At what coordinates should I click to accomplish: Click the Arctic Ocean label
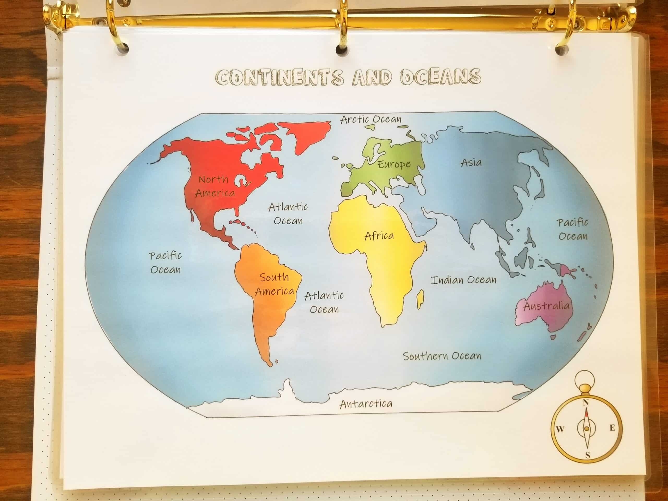371,120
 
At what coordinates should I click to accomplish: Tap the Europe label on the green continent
394,164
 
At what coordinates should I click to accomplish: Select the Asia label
471,163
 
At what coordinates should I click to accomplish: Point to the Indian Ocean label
463,280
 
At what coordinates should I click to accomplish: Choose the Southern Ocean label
442,356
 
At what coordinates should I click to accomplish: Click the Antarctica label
366,404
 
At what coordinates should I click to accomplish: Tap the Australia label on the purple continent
546,306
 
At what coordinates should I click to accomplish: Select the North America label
214,186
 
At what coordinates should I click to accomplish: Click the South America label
274,284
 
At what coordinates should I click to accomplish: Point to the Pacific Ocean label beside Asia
573,230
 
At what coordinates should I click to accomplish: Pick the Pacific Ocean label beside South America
165,263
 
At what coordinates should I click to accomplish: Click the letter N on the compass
586,403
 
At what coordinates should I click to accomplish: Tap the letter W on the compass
560,429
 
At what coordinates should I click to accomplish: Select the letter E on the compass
612,428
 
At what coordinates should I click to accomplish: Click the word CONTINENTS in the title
280,77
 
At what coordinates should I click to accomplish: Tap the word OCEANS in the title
441,77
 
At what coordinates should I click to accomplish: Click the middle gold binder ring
343,27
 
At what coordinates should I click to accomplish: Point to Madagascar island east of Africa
420,299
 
